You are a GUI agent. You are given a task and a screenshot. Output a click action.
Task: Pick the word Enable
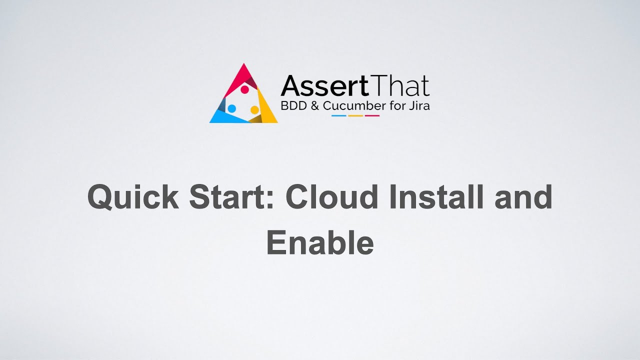point(320,242)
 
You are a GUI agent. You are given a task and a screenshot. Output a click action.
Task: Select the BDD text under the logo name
point(292,106)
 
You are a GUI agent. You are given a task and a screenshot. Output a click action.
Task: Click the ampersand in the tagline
point(314,106)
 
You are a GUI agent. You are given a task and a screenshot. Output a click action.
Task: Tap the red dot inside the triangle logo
point(245,89)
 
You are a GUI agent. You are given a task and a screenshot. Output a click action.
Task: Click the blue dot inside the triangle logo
point(231,108)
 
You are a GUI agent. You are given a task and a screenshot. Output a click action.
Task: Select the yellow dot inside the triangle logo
point(254,109)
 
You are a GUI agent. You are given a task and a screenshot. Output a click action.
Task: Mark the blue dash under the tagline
point(339,115)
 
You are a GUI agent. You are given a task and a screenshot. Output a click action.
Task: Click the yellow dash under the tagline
point(355,115)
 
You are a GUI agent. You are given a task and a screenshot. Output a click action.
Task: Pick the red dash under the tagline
point(372,115)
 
